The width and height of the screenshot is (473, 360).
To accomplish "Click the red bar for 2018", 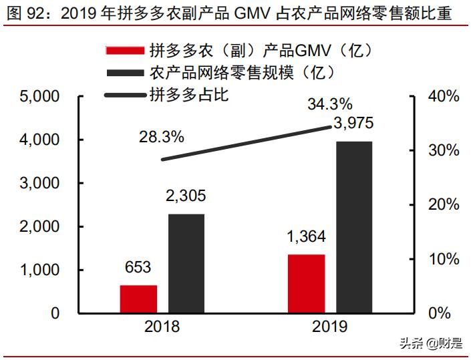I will tap(138, 299).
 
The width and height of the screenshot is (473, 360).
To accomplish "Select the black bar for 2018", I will tap(186, 263).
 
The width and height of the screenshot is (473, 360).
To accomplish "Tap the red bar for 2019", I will tap(306, 283).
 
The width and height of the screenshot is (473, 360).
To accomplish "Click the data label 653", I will tap(138, 268).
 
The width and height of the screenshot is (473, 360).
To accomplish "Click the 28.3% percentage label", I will tap(161, 137).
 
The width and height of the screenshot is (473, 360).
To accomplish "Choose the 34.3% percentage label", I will tap(329, 104).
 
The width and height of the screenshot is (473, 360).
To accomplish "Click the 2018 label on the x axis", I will tap(162, 327).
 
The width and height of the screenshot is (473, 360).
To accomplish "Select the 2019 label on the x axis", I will tap(329, 327).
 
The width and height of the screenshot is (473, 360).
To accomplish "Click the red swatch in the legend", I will tap(124, 51).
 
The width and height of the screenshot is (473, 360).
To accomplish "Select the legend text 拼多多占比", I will tap(189, 94).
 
